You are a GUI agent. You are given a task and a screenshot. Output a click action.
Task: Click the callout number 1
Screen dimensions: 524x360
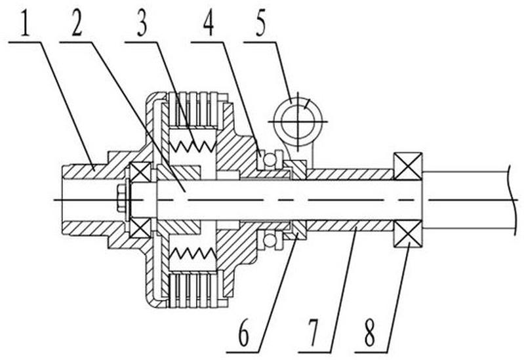pos(26,24)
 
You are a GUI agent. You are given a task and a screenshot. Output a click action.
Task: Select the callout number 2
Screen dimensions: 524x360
pos(77,24)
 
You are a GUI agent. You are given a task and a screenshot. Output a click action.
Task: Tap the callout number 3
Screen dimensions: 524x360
pos(142,24)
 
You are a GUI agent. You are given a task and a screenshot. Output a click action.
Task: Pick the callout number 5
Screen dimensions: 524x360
pos(261,24)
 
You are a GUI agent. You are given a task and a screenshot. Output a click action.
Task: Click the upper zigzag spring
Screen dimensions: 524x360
pos(191,146)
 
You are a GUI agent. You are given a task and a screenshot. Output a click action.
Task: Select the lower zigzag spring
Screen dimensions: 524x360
pos(191,254)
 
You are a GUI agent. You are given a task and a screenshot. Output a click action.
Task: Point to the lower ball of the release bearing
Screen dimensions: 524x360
pos(270,239)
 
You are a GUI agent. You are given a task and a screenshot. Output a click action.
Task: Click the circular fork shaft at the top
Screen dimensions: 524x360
pos(297,121)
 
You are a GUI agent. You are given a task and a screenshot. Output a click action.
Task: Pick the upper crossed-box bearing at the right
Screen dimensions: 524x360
pos(408,166)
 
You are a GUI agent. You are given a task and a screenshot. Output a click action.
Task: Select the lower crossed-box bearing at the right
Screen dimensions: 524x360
pos(408,233)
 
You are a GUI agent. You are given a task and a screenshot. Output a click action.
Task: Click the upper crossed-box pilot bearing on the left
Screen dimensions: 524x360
pos(140,172)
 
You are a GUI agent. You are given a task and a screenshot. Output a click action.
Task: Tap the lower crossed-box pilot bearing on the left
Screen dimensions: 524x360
pos(140,228)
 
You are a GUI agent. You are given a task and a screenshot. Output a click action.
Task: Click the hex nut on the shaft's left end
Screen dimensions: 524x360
pos(121,200)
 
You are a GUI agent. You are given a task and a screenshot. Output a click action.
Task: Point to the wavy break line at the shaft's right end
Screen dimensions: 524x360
pos(510,200)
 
